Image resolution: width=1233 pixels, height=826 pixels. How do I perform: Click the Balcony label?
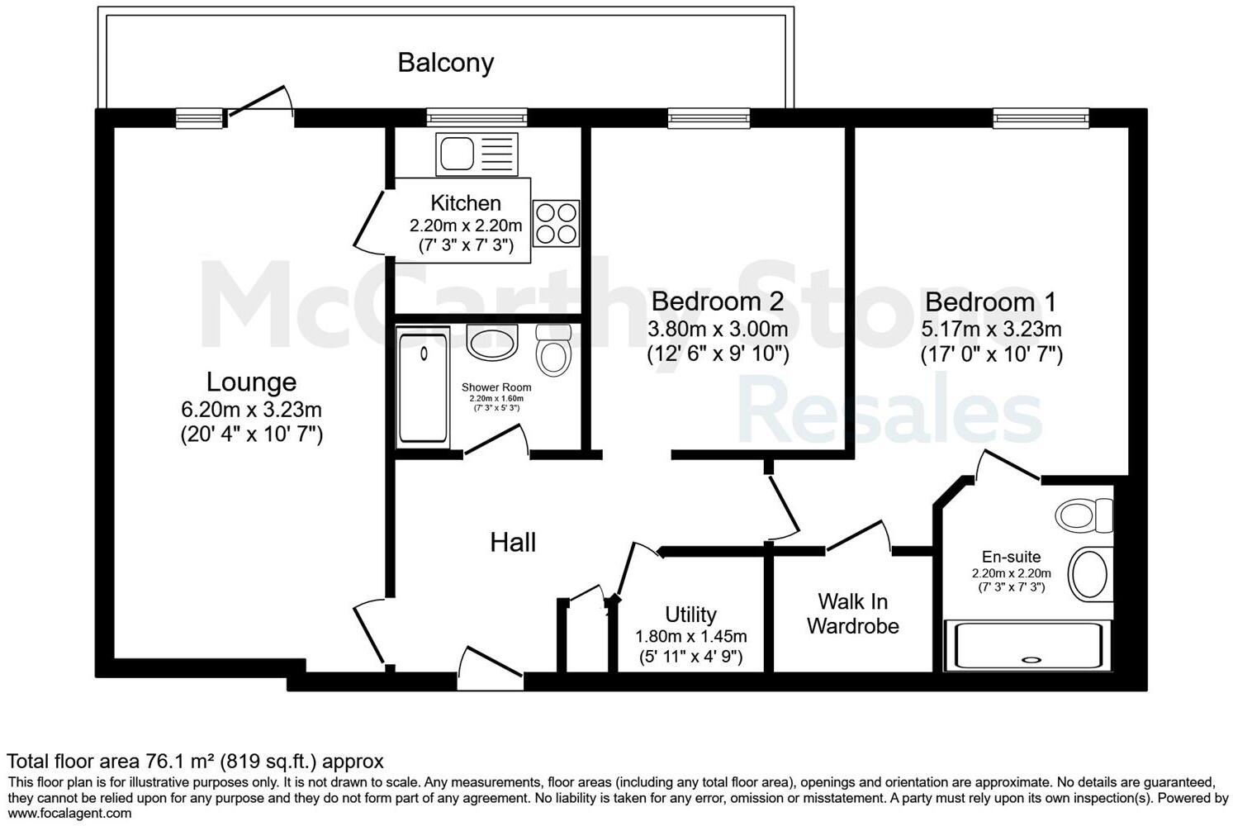pyautogui.click(x=445, y=63)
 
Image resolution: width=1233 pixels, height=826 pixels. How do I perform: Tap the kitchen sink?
pyautogui.click(x=477, y=154)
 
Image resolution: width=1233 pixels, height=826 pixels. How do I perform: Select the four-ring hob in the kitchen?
pyautogui.click(x=556, y=223)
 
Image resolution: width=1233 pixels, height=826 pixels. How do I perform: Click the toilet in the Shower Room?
pyautogui.click(x=552, y=352)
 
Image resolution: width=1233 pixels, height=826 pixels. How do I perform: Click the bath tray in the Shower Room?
pyautogui.click(x=423, y=387)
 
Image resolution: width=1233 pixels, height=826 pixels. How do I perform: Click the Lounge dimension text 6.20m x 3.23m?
pyautogui.click(x=251, y=409)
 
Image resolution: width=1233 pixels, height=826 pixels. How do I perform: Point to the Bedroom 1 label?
pyautogui.click(x=990, y=301)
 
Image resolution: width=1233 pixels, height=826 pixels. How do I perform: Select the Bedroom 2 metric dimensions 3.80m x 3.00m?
pyautogui.click(x=717, y=329)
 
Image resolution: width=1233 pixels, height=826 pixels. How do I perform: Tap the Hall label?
pyautogui.click(x=513, y=543)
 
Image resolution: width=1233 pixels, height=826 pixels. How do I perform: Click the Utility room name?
pyautogui.click(x=690, y=615)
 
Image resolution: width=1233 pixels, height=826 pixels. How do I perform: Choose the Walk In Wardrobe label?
pyautogui.click(x=852, y=614)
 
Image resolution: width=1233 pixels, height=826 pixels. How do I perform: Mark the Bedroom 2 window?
pyautogui.click(x=709, y=119)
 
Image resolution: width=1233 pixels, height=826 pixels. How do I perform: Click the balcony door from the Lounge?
pyautogui.click(x=260, y=103)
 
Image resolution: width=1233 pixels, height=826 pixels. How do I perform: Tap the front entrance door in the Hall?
pyautogui.click(x=490, y=669)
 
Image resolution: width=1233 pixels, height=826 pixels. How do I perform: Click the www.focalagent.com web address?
pyautogui.click(x=69, y=814)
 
